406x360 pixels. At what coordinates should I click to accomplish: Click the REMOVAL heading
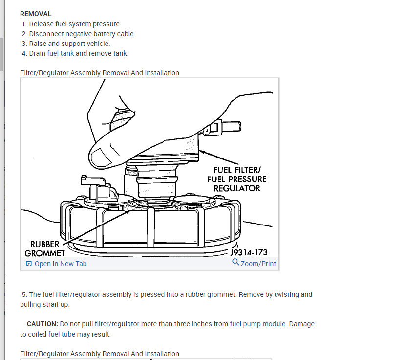(x=35, y=14)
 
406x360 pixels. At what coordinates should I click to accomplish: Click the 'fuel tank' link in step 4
(x=61, y=53)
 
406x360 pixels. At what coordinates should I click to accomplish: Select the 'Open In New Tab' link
(x=60, y=264)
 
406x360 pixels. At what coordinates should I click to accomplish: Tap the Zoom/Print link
(x=258, y=264)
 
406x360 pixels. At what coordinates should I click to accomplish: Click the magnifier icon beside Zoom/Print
(x=235, y=263)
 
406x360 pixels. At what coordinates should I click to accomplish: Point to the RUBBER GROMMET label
(x=44, y=248)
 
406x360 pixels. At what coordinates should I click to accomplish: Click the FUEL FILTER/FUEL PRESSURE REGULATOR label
(x=237, y=179)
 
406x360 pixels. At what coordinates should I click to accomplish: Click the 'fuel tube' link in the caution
(x=61, y=334)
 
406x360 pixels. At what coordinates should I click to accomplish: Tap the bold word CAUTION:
(x=43, y=324)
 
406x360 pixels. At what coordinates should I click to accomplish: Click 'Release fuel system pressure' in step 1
(x=75, y=24)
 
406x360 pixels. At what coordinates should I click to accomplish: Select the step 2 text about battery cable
(x=82, y=34)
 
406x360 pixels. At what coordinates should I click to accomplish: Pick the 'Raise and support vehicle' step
(x=69, y=44)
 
